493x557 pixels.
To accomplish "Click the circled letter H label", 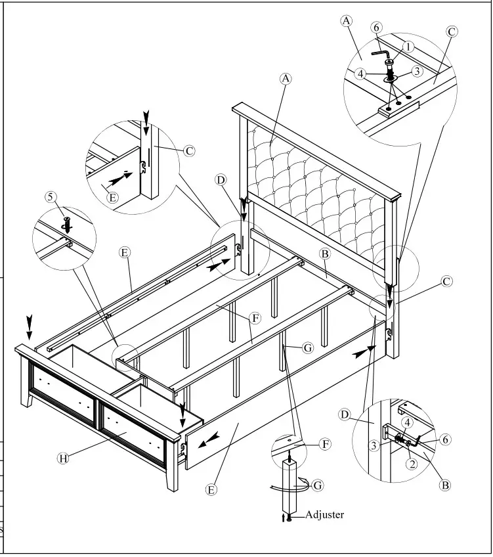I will pos(63,458).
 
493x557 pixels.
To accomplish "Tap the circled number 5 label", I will pos(51,197).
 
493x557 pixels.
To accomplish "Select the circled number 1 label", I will pos(408,47).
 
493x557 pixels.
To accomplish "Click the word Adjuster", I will pos(324,514).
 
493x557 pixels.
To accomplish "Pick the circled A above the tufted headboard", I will pos(285,78).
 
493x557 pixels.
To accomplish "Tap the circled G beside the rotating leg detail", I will pos(318,485).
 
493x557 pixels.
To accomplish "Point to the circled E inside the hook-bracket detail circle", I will pos(112,196).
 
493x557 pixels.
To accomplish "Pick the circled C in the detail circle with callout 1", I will pos(452,31).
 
